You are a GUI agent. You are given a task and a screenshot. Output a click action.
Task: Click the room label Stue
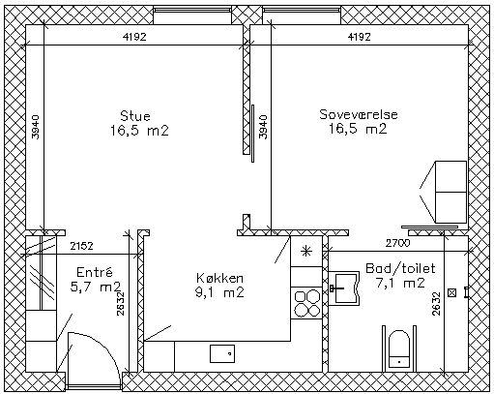135,116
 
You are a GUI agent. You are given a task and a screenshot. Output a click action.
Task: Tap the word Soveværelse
359,114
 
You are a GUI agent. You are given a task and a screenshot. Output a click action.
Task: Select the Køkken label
219,278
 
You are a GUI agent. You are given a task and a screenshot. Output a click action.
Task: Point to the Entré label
95,272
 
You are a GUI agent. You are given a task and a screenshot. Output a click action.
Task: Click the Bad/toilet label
400,268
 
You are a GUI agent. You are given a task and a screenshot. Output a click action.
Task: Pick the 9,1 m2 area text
219,292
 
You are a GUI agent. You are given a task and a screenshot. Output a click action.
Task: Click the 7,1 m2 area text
400,283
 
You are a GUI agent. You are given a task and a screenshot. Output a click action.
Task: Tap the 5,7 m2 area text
96,287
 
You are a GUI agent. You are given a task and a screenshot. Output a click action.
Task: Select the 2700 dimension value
398,243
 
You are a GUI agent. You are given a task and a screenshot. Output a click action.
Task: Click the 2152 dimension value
82,246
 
